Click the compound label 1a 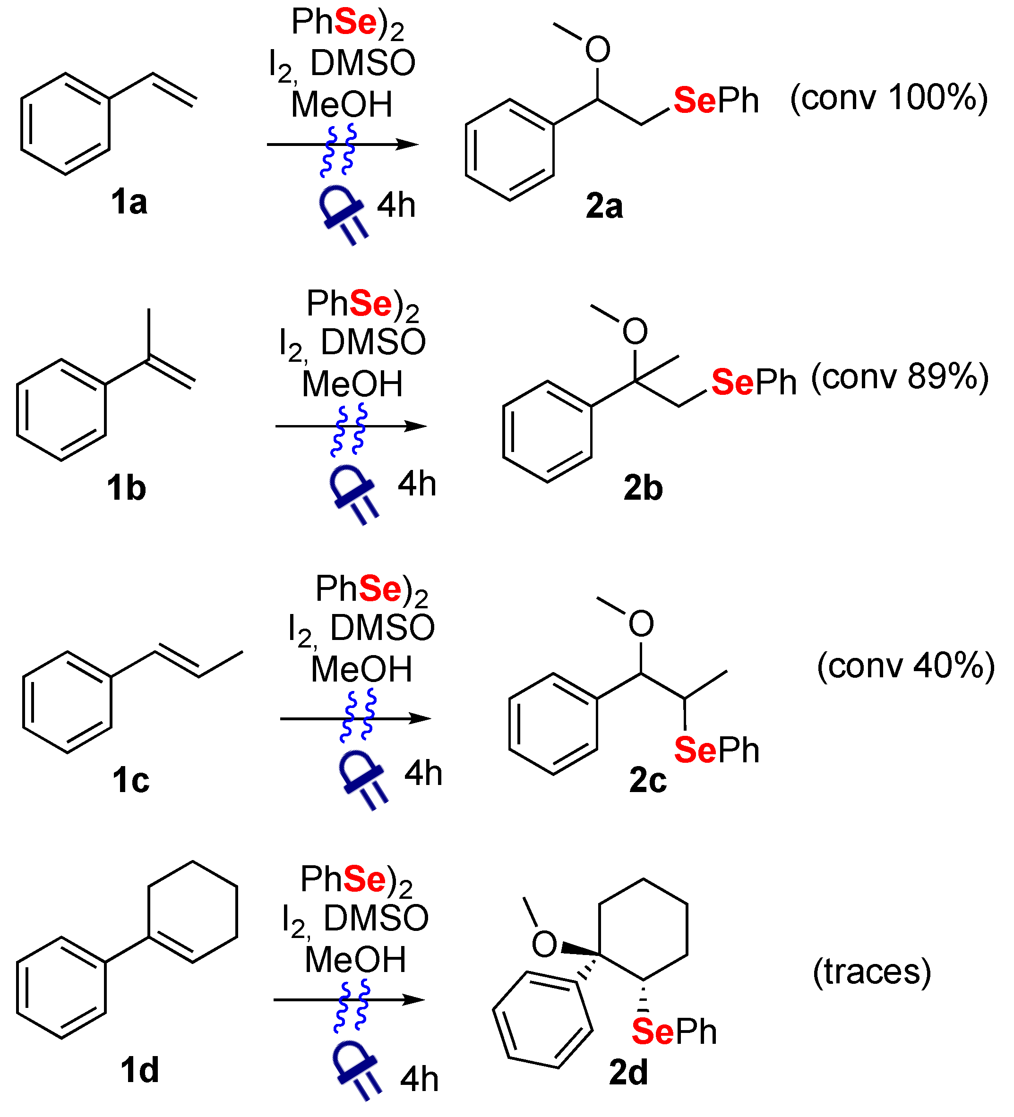tap(129, 202)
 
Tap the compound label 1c tap(131, 780)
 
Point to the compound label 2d tap(628, 1073)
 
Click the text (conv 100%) tap(889, 99)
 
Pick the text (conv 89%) tap(900, 378)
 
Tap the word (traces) tap(871, 972)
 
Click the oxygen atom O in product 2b tap(635, 332)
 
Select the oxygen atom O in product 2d tap(544, 944)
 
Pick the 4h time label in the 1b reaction tap(417, 484)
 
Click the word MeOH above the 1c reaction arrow tap(361, 669)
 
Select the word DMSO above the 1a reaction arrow tap(362, 63)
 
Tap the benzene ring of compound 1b tap(61, 410)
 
